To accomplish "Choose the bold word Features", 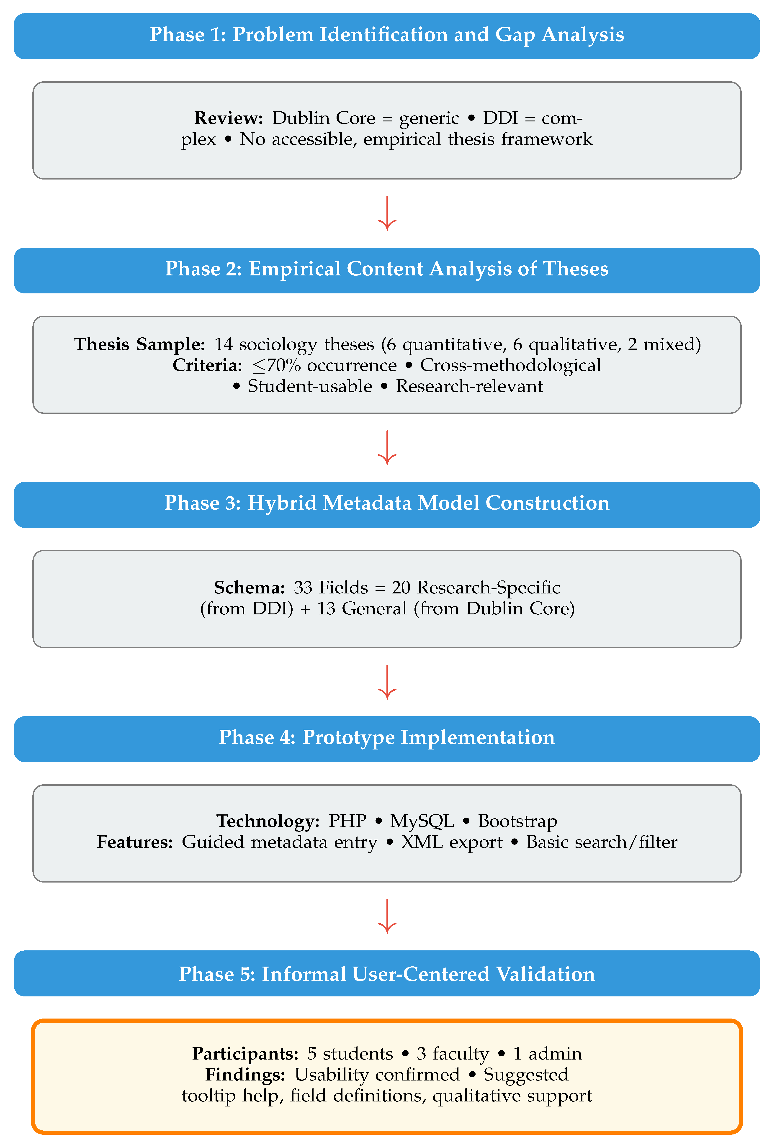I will [x=135, y=842].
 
